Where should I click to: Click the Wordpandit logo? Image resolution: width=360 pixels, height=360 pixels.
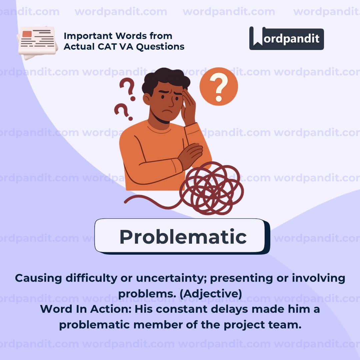[286, 38]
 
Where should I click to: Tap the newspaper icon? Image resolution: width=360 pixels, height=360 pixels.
[37, 43]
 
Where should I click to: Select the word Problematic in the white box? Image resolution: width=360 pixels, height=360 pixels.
[183, 237]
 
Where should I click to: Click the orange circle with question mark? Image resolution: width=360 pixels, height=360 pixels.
[219, 87]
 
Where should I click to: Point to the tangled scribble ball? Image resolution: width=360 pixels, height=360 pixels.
[211, 188]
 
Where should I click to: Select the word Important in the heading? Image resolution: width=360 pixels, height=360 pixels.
[88, 36]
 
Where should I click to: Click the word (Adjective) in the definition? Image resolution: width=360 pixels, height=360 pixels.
[211, 294]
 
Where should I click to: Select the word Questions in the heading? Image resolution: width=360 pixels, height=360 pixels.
[160, 47]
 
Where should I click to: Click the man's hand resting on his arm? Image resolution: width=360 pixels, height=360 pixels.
[190, 156]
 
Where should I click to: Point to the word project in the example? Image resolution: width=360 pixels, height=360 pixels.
[244, 325]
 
